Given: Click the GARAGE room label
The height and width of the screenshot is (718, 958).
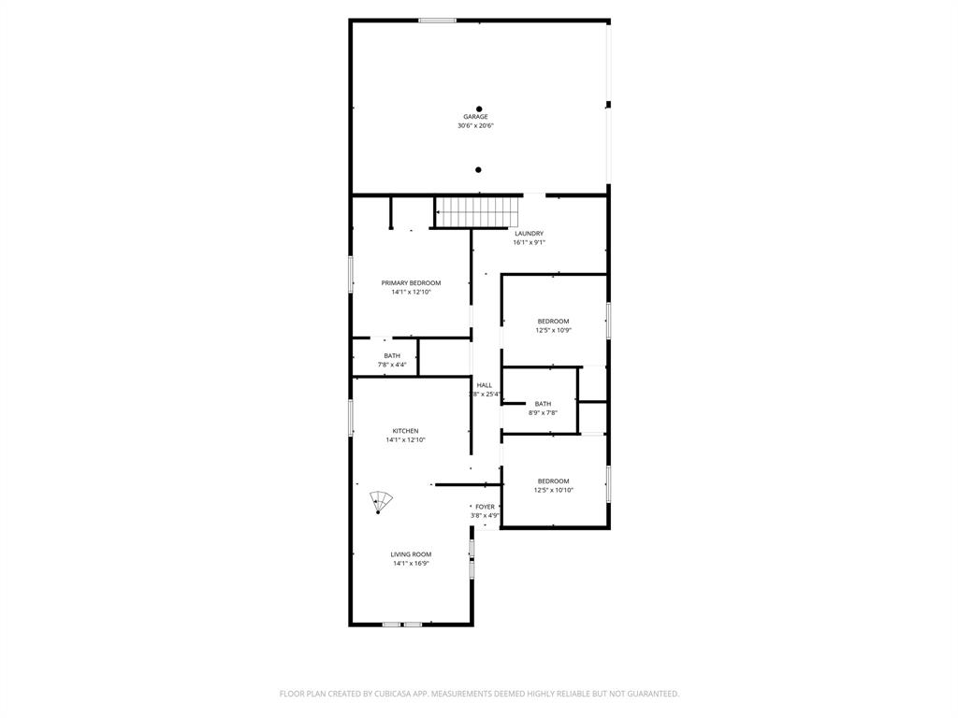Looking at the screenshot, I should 475,117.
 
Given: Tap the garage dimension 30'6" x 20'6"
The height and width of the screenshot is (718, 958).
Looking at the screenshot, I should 475,125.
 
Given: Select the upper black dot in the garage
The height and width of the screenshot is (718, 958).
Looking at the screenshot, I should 479,108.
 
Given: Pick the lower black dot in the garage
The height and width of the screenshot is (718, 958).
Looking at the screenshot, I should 478,170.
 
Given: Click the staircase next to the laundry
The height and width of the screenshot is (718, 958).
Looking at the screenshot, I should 479,212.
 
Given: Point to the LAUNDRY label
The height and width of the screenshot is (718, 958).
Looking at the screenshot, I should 529,234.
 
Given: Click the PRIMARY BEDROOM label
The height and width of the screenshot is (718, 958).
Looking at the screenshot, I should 411,283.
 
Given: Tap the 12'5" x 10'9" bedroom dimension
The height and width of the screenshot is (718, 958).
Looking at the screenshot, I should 553,330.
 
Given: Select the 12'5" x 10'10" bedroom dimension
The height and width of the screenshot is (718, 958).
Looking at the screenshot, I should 553,490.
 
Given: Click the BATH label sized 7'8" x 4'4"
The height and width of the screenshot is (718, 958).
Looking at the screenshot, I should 392,356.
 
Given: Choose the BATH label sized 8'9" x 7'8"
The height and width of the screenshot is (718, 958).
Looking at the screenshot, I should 543,404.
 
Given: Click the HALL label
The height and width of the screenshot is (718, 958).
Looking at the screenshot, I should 485,385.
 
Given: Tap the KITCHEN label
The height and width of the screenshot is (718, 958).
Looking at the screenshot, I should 405,431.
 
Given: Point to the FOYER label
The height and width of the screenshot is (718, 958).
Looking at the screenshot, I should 485,507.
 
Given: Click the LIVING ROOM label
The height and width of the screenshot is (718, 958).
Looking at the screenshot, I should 411,554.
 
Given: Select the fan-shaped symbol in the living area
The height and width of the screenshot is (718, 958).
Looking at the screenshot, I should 380,501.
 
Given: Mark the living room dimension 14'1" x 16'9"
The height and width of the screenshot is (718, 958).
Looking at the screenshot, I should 411,564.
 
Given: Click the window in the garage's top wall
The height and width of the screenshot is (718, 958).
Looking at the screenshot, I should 437,20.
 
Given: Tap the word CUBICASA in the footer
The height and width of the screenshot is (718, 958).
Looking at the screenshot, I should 383,694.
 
